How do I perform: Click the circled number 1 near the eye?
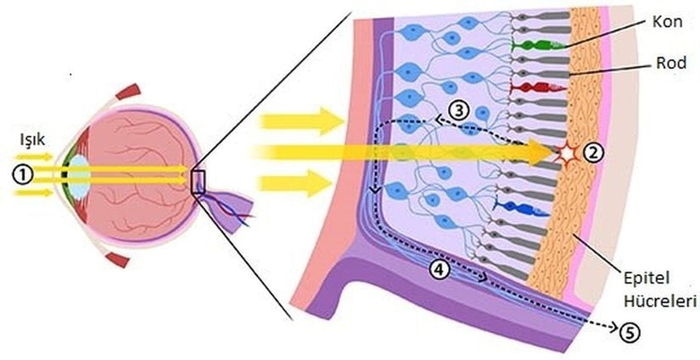[21, 175]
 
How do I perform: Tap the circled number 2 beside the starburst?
[593, 153]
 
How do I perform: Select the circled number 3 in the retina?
[458, 110]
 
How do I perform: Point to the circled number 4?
[440, 270]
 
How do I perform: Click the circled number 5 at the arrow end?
[630, 332]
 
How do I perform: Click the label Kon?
[668, 22]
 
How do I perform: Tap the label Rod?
[671, 64]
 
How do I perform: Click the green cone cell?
[539, 44]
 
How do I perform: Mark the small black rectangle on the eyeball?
[198, 183]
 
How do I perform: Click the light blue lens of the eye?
[78, 174]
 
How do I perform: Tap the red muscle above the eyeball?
[128, 91]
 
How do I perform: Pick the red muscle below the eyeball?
[116, 259]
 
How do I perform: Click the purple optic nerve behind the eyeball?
[227, 209]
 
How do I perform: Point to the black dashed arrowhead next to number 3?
[440, 120]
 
